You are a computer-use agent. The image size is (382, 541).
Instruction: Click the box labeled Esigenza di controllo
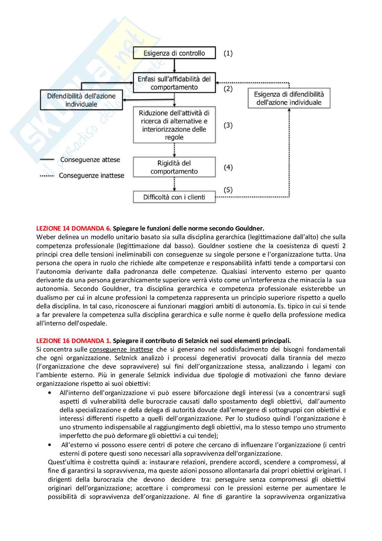174,53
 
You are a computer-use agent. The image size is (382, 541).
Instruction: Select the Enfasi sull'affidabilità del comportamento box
174,83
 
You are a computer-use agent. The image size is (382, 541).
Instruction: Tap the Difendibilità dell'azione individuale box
81,100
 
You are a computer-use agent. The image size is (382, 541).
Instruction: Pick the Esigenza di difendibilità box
289,98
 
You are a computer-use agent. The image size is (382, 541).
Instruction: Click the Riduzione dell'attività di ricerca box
174,125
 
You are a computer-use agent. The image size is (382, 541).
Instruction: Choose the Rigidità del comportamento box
174,167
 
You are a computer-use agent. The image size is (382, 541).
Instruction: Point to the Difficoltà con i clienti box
174,197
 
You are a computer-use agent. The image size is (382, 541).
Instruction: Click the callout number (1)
228,53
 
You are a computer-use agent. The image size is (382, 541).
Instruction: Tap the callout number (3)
228,125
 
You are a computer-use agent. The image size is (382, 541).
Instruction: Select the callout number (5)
228,190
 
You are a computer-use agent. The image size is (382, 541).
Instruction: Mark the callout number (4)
228,167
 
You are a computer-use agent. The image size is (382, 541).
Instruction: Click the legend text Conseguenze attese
90,160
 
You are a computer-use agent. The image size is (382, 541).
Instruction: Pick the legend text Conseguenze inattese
91,175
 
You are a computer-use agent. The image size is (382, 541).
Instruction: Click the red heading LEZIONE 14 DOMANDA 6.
74,228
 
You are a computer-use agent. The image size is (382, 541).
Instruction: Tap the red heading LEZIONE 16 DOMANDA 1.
74,341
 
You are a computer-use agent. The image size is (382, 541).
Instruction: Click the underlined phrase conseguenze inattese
121,349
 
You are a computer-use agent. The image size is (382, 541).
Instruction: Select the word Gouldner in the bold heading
250,228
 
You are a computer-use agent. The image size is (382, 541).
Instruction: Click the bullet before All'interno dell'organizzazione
50,393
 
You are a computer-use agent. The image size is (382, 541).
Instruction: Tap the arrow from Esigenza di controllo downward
174,65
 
